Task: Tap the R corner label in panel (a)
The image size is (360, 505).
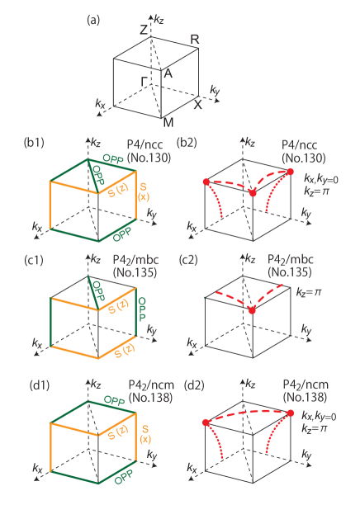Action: point(195,40)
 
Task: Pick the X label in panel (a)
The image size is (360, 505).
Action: point(197,105)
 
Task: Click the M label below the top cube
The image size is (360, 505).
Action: point(168,123)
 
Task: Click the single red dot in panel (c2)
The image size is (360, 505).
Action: point(252,310)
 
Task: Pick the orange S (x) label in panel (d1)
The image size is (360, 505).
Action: point(143,433)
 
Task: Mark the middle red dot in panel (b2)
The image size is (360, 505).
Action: point(253,192)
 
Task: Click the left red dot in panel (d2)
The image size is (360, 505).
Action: point(206,422)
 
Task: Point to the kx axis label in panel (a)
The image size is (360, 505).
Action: point(100,104)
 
